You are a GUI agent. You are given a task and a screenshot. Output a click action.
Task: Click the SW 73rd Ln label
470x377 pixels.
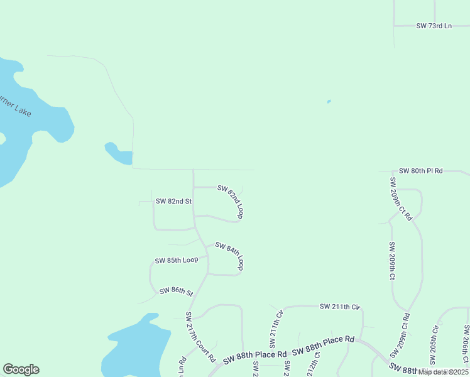tap(434, 26)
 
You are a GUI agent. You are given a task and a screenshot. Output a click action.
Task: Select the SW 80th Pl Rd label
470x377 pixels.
tap(420, 171)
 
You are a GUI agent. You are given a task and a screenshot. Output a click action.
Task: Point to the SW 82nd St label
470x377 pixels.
tap(173, 201)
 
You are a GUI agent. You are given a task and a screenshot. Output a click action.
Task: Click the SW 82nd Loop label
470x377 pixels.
tap(231, 201)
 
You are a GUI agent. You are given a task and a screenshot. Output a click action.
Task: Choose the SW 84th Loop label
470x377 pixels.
tap(229, 256)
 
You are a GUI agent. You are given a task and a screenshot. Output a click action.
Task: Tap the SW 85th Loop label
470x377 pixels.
tap(177, 260)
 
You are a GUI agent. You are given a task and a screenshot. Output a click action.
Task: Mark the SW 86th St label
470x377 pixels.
tap(176, 292)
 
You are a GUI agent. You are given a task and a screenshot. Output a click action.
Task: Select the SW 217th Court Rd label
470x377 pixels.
tap(200, 337)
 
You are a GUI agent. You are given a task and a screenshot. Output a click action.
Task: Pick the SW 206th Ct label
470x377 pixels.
tap(466, 344)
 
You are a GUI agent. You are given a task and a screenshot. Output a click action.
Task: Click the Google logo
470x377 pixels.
tap(21, 369)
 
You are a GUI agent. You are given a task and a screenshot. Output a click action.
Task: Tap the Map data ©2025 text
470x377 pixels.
tap(443, 372)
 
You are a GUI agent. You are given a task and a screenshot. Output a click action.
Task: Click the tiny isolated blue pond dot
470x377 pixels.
tap(329, 101)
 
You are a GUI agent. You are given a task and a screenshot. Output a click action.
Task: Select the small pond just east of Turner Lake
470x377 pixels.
tap(118, 155)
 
